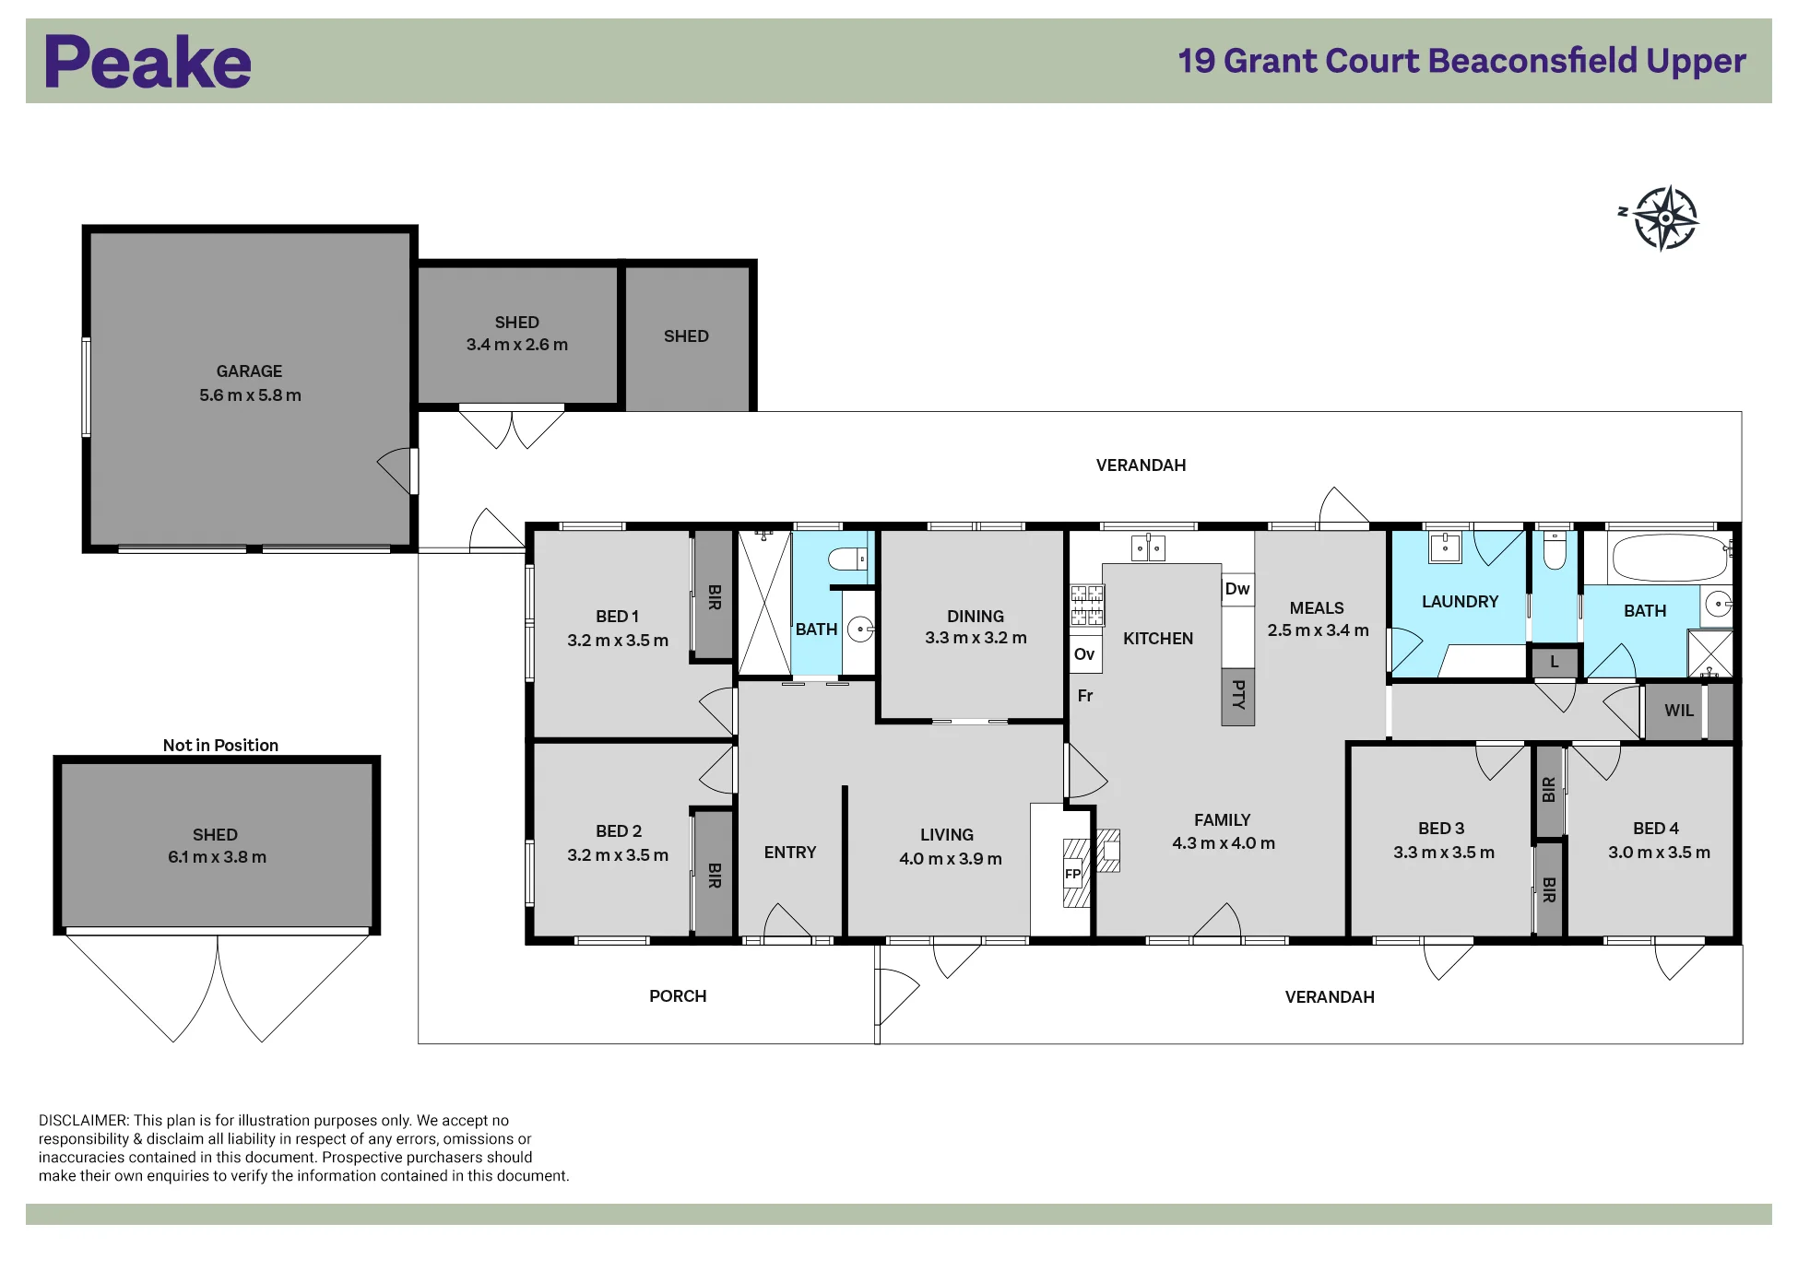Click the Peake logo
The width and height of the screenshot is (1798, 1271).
coord(148,62)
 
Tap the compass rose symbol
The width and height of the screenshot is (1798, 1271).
coord(1665,218)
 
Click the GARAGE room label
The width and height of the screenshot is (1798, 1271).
coord(249,371)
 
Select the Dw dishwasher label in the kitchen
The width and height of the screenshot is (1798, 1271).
coord(1237,589)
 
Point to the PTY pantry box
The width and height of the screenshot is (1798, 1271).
coord(1238,696)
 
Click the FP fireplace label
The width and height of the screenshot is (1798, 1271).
coord(1072,874)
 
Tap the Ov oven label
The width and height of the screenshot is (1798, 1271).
coord(1084,654)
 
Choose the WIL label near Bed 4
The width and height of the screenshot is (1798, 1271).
coord(1679,711)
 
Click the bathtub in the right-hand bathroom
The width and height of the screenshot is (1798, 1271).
coord(1669,556)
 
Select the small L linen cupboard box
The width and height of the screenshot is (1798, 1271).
coord(1555,662)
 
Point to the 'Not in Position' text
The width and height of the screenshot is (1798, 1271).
coord(220,745)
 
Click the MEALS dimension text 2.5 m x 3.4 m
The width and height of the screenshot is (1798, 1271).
coord(1318,630)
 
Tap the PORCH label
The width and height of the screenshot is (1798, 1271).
coord(678,996)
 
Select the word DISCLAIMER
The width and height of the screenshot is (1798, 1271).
coord(84,1121)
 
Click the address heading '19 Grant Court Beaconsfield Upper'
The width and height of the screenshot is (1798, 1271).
coord(1462,61)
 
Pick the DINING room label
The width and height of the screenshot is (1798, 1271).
coord(976,617)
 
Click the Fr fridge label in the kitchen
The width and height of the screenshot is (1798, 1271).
coord(1085,696)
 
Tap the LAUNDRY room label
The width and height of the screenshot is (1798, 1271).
coord(1460,602)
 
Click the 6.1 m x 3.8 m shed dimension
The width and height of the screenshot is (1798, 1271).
coord(217,857)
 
